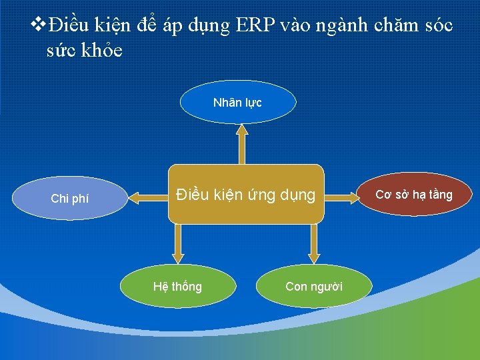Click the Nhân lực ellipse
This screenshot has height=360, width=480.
(x=237, y=103)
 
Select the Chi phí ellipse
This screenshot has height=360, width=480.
(x=69, y=198)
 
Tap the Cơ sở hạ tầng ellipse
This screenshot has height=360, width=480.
(x=414, y=195)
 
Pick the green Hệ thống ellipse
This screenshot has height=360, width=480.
(x=177, y=287)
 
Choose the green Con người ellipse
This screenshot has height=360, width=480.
(x=314, y=287)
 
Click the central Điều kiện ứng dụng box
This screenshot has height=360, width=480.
(x=245, y=195)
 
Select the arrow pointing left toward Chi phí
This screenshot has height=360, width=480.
(x=147, y=197)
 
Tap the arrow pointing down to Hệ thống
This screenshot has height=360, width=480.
(x=177, y=243)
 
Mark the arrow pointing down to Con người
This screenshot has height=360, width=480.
(x=314, y=243)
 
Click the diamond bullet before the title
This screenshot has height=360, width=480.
(x=39, y=26)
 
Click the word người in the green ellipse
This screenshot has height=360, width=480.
(x=326, y=287)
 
